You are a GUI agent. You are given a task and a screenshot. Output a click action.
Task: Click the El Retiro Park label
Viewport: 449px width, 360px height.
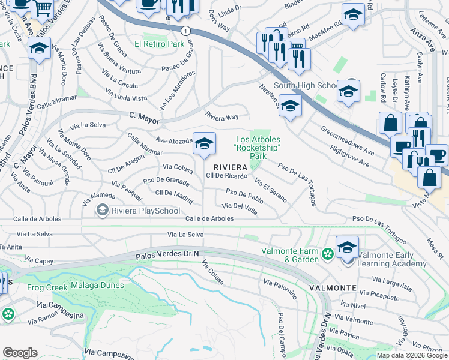point(159,44)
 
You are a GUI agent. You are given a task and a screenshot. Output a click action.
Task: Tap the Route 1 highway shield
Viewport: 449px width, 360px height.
point(188,30)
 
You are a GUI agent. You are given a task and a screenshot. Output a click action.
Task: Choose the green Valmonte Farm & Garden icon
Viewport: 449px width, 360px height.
point(327,254)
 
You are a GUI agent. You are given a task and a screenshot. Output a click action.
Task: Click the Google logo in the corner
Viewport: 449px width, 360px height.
point(20,352)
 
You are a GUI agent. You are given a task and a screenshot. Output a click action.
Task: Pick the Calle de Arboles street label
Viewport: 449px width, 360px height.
point(209,219)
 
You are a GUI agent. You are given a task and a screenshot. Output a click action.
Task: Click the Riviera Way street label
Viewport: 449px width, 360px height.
point(222,116)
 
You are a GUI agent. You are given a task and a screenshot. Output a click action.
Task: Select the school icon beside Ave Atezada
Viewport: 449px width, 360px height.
point(204,144)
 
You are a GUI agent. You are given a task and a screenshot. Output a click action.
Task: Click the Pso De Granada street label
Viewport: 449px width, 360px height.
point(165,181)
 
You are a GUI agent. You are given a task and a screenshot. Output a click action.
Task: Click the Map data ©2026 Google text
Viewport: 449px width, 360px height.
point(411,355)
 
